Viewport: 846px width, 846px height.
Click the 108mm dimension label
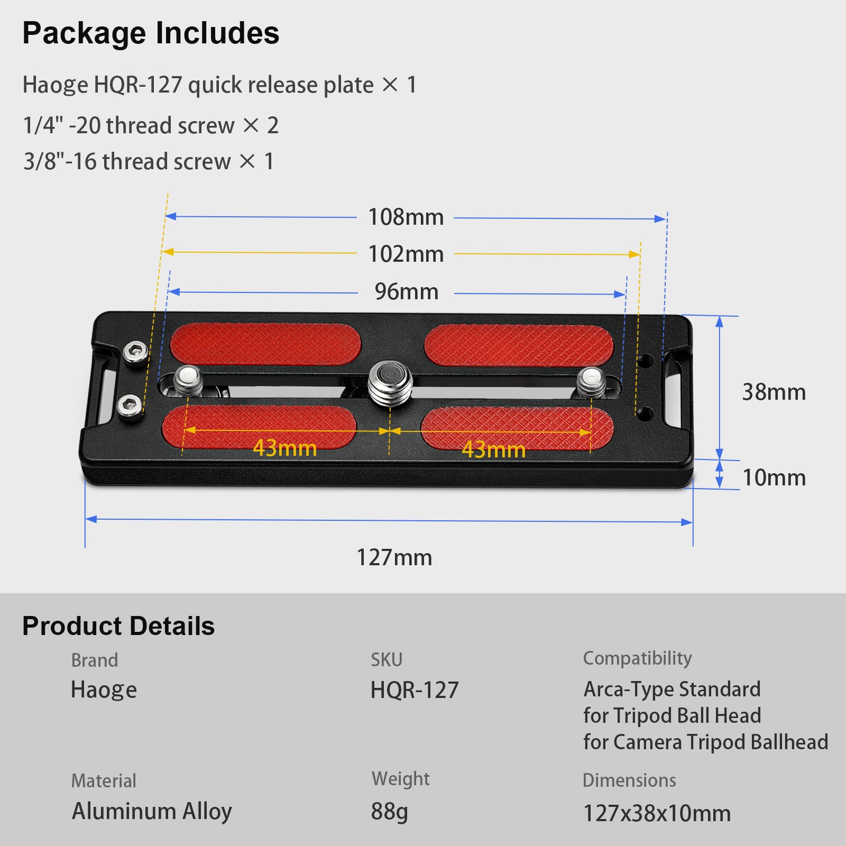[406, 217]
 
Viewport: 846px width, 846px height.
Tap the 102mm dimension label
[406, 254]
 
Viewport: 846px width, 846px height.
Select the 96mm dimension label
[407, 292]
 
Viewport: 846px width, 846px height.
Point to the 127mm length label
[394, 557]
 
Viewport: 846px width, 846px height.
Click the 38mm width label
[774, 392]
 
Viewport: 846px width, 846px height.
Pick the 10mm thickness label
[775, 478]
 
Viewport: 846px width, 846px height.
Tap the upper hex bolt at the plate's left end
[135, 352]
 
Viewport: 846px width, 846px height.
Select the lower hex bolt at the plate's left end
[130, 406]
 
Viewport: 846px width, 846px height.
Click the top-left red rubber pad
[265, 344]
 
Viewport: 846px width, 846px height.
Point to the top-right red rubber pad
[519, 346]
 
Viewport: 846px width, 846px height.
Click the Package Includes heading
[151, 33]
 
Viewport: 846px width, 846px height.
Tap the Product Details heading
[118, 626]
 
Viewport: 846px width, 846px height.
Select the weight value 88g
[390, 812]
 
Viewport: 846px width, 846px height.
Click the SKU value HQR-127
[415, 690]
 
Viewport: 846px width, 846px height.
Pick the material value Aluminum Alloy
[152, 812]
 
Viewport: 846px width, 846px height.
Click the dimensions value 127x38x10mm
[657, 813]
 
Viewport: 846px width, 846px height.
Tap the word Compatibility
[637, 658]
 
